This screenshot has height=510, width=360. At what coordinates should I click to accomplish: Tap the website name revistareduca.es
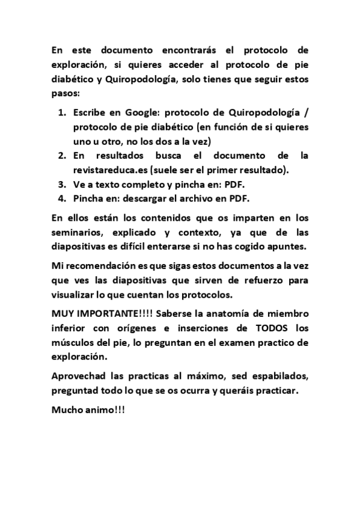click(x=111, y=170)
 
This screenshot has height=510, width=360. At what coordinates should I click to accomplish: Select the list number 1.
click(x=62, y=112)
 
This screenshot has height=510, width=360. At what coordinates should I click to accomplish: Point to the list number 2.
click(x=62, y=155)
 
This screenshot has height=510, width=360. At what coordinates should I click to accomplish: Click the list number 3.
click(x=62, y=184)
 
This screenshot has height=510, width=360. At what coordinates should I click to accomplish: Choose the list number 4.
click(x=62, y=198)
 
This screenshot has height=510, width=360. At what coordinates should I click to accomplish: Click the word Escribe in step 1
click(x=91, y=112)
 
